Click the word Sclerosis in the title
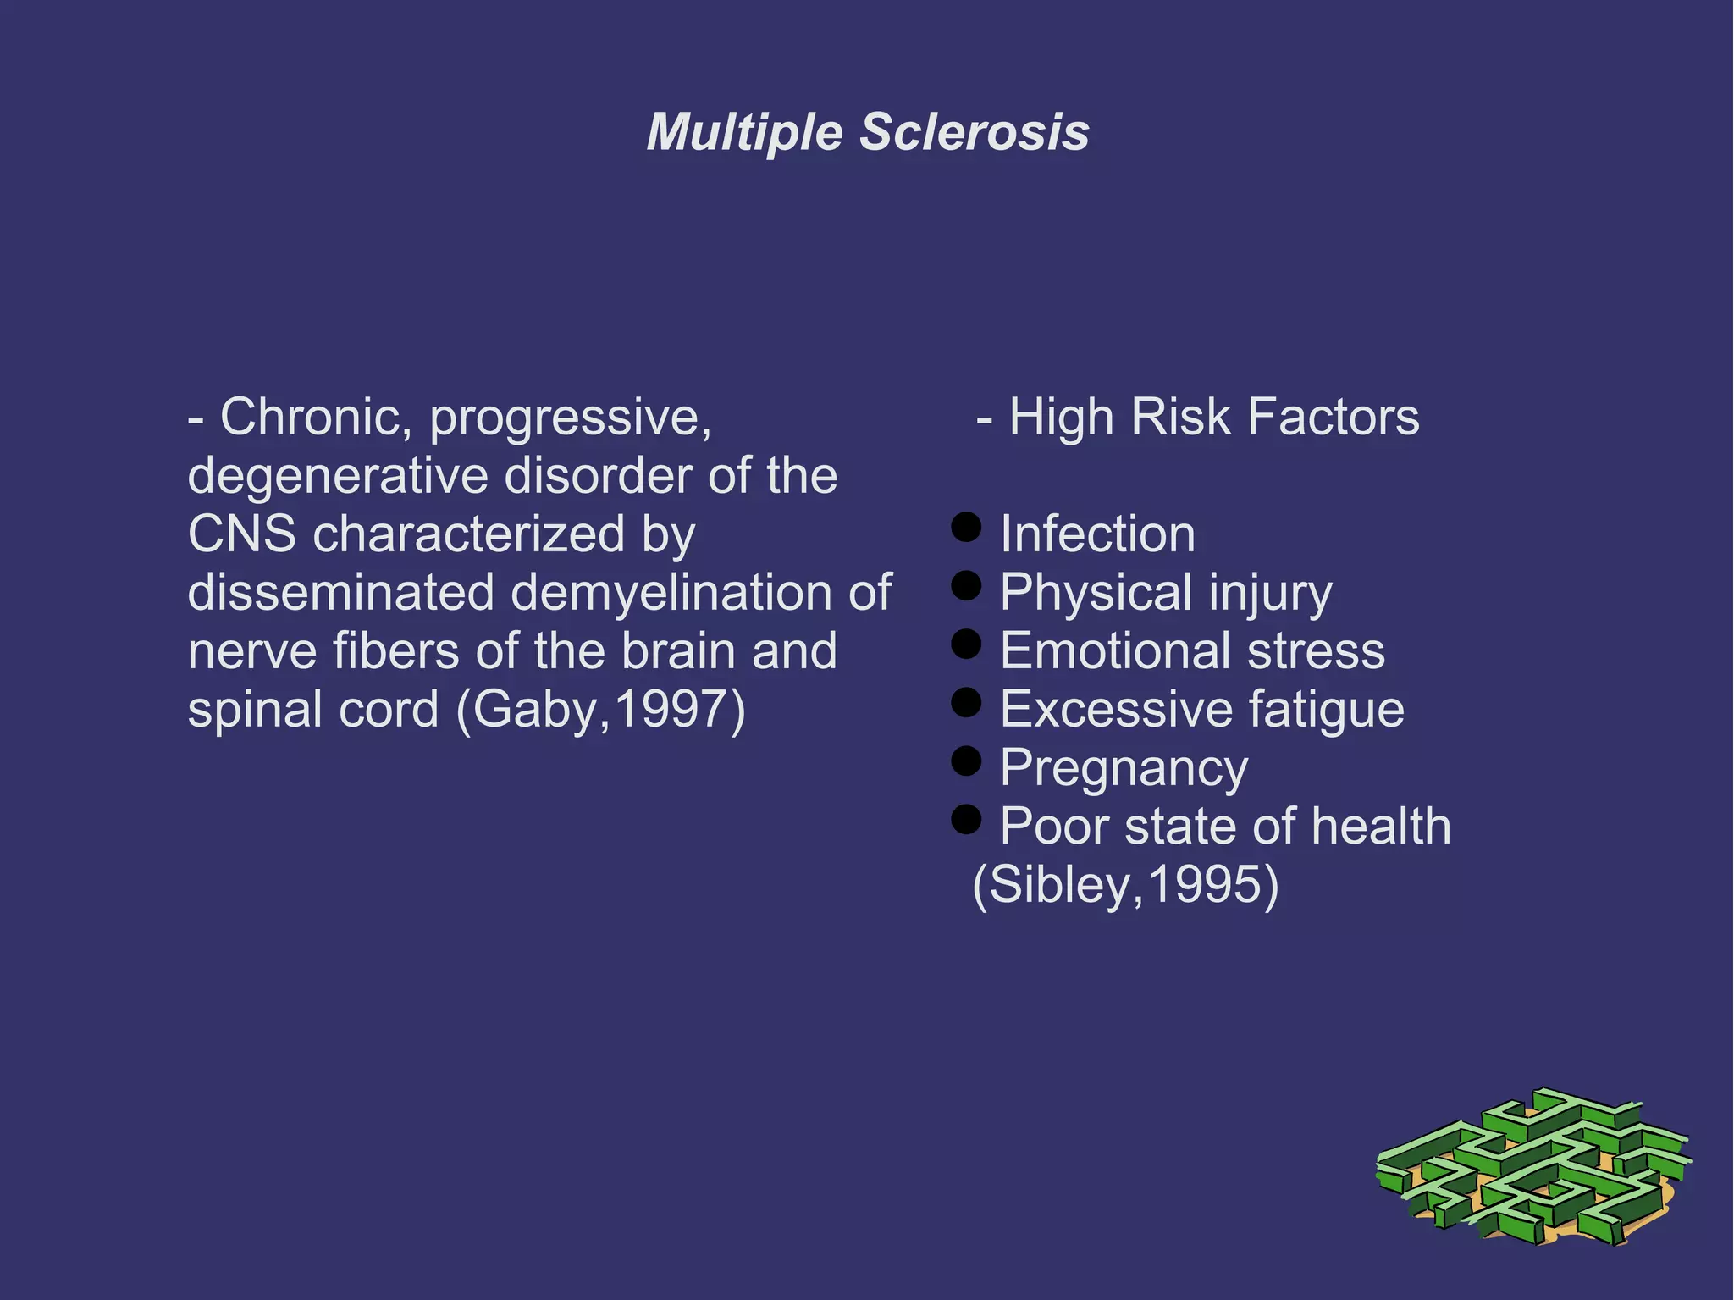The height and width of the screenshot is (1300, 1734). (975, 133)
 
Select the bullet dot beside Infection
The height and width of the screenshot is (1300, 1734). (966, 526)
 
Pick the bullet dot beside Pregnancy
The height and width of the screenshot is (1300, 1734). (966, 761)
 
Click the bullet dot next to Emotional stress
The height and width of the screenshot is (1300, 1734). (966, 644)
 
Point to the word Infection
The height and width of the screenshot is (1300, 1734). (1098, 534)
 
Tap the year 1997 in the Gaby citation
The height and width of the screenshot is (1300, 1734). (671, 710)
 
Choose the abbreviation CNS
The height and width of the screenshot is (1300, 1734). (242, 534)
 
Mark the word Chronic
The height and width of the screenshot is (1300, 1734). (315, 418)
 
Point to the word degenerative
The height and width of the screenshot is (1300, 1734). (338, 477)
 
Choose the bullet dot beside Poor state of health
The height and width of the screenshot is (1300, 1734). (966, 819)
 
